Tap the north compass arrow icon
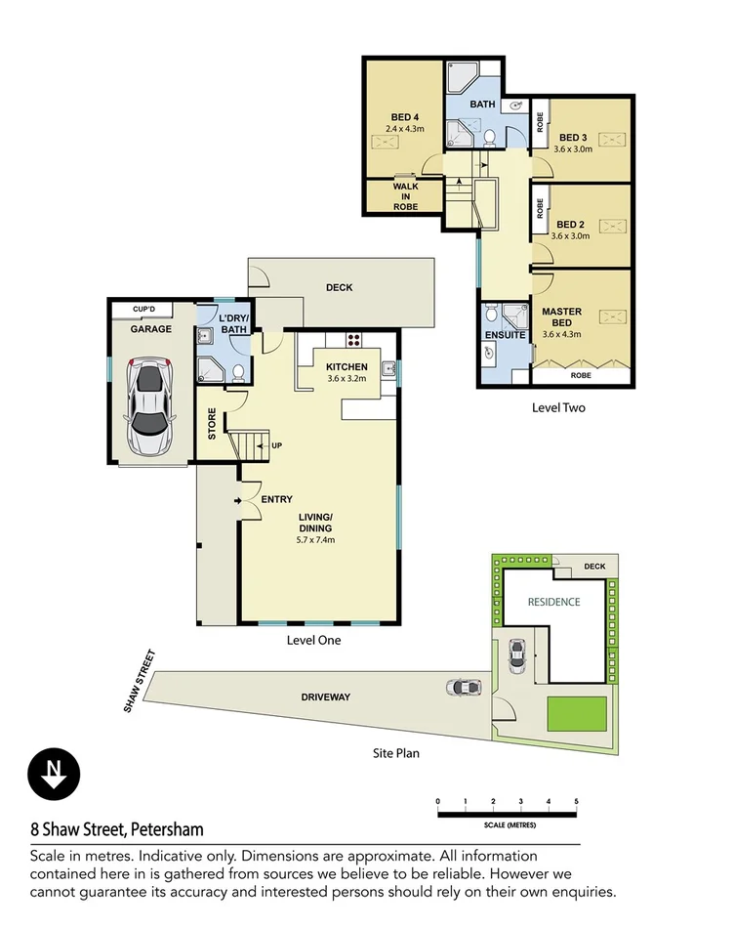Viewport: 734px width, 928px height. [49, 774]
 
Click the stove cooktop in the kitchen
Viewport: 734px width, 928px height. [353, 341]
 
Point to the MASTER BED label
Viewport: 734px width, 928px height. [561, 317]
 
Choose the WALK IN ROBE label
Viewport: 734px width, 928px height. [406, 195]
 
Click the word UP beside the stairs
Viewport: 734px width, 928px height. [277, 446]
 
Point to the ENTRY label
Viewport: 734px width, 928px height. [276, 500]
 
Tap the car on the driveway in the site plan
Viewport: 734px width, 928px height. [463, 687]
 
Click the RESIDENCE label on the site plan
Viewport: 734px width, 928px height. [553, 602]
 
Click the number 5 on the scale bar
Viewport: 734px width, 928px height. [577, 801]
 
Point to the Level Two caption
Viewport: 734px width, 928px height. [558, 407]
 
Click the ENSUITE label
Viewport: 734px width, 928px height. [506, 335]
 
